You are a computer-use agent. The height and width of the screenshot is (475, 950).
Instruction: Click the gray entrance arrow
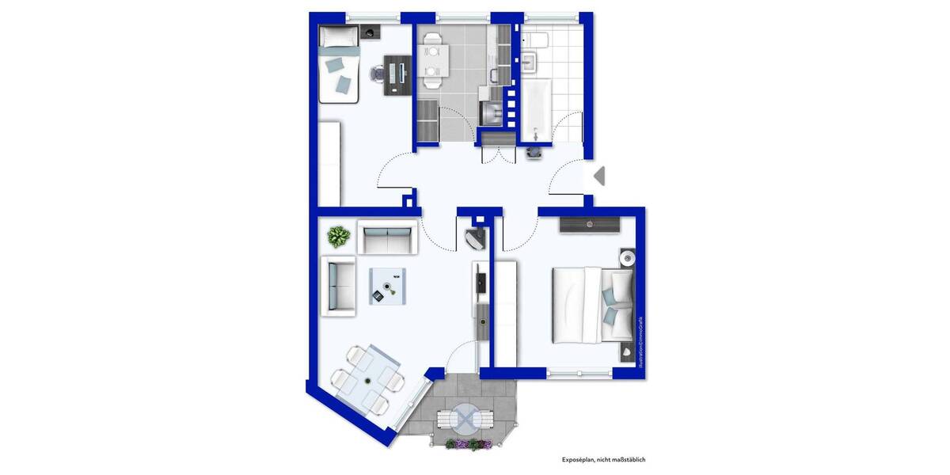[x=599, y=175]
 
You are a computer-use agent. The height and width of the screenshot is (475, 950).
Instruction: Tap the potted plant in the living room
[x=339, y=236]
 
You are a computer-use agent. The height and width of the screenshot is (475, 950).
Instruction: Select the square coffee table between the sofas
[x=388, y=286]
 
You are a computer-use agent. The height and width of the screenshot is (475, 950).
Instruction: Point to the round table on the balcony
[x=468, y=416]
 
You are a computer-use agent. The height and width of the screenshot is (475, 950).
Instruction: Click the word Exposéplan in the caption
[x=580, y=459]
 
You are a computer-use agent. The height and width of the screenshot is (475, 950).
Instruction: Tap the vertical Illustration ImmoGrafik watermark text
[x=640, y=341]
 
